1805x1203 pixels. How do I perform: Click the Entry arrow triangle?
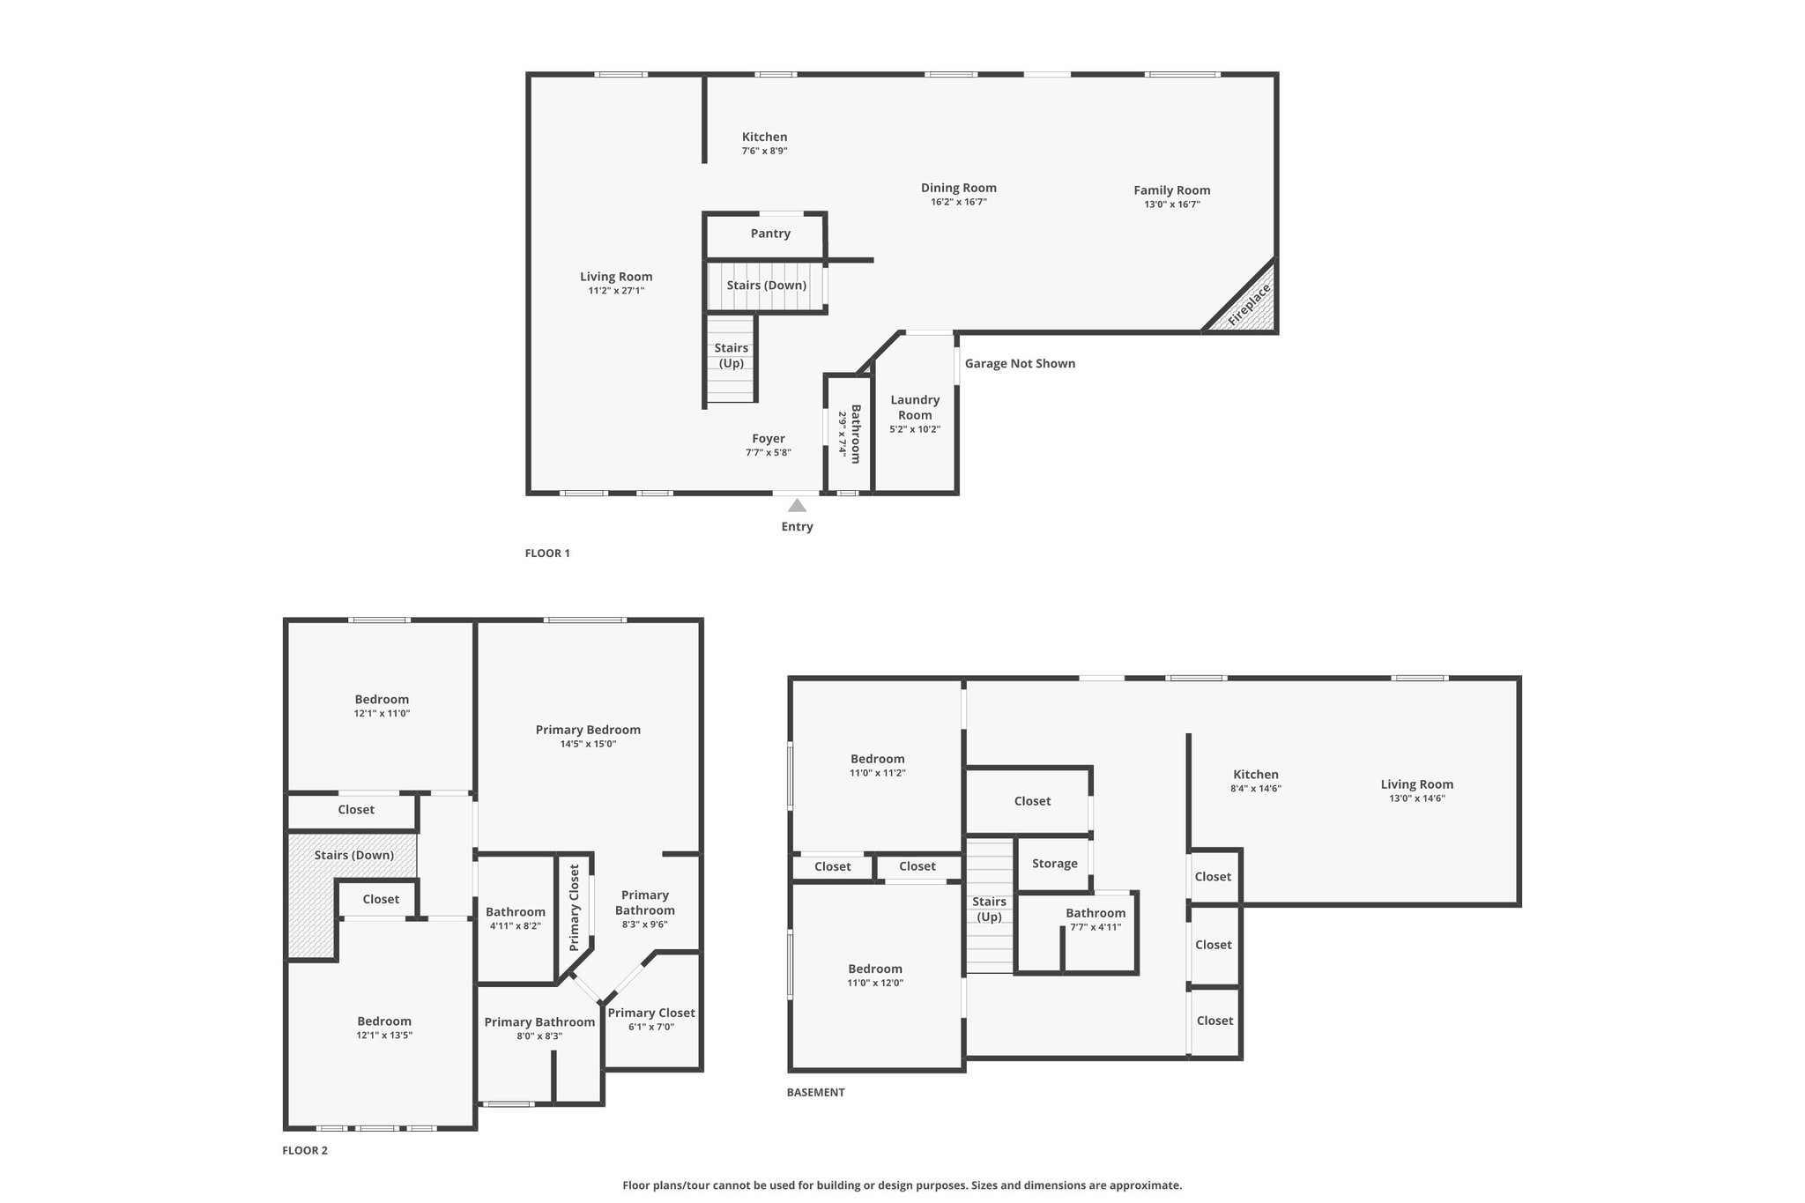pyautogui.click(x=797, y=505)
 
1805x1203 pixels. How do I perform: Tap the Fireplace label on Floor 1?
pyautogui.click(x=1249, y=304)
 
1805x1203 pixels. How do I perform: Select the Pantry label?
pyautogui.click(x=770, y=234)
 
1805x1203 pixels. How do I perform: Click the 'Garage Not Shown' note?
pyautogui.click(x=1020, y=363)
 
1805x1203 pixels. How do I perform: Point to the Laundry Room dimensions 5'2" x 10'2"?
pyautogui.click(x=915, y=429)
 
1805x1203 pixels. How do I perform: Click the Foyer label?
pyautogui.click(x=769, y=438)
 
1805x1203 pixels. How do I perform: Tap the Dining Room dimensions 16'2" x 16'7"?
pyautogui.click(x=959, y=202)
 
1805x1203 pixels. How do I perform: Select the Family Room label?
pyautogui.click(x=1172, y=189)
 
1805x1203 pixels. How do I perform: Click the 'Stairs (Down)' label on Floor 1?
pyautogui.click(x=767, y=285)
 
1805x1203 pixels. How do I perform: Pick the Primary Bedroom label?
pyautogui.click(x=588, y=730)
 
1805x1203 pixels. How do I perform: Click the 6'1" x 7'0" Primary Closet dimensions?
pyautogui.click(x=651, y=1027)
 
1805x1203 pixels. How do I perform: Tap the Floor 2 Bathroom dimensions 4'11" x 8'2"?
pyautogui.click(x=516, y=926)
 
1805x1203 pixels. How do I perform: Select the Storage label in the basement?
pyautogui.click(x=1055, y=864)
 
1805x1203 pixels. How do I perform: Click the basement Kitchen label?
pyautogui.click(x=1256, y=775)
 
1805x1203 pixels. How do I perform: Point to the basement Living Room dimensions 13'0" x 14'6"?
pyautogui.click(x=1417, y=798)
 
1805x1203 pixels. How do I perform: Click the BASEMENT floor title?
pyautogui.click(x=815, y=1092)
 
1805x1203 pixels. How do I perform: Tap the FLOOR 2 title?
pyautogui.click(x=305, y=1150)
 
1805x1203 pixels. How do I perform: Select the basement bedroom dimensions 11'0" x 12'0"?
pyautogui.click(x=875, y=983)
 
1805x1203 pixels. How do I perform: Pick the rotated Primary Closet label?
pyautogui.click(x=575, y=908)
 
